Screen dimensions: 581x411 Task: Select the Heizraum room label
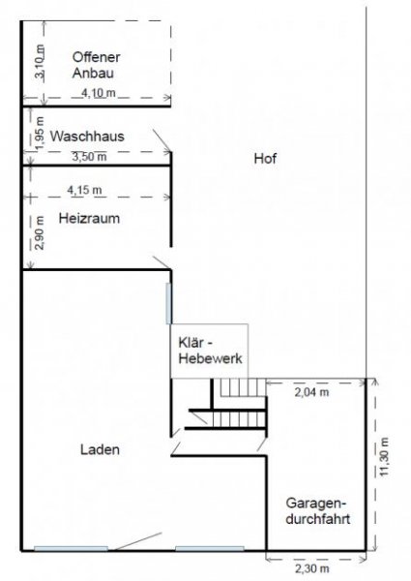pyautogui.click(x=88, y=219)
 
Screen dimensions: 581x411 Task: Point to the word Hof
pyautogui.click(x=266, y=160)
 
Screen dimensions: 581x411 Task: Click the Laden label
pyautogui.click(x=100, y=450)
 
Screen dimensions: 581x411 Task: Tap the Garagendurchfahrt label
pyautogui.click(x=317, y=511)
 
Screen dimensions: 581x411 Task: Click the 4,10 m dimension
pyautogui.click(x=97, y=93)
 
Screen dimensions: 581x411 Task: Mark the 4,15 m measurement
pyautogui.click(x=86, y=188)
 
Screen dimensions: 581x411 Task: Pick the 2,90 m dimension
pyautogui.click(x=39, y=234)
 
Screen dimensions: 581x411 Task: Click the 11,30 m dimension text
pyautogui.click(x=384, y=453)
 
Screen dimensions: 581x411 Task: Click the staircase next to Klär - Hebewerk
pyautogui.click(x=239, y=401)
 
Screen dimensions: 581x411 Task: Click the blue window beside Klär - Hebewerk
pyautogui.click(x=169, y=305)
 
